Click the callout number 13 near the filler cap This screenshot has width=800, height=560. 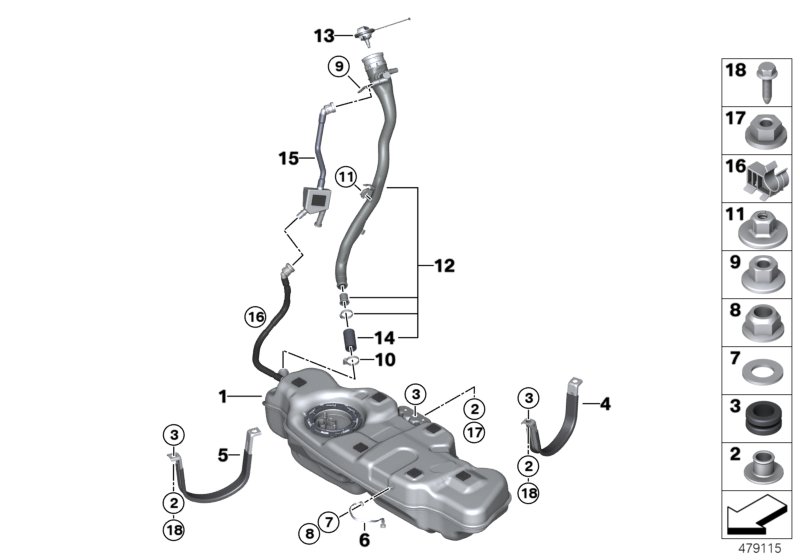point(323,35)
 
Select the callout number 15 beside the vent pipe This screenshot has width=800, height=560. point(289,158)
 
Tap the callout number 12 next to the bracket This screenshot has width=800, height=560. point(444,266)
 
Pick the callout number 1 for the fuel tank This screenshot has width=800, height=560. point(225,396)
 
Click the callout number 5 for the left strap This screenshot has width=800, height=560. point(226,455)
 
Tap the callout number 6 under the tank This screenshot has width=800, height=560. point(363,540)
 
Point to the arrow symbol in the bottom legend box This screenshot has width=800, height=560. point(757,518)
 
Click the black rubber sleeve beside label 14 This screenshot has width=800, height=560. point(351,339)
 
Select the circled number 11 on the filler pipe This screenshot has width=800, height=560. point(346,179)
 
